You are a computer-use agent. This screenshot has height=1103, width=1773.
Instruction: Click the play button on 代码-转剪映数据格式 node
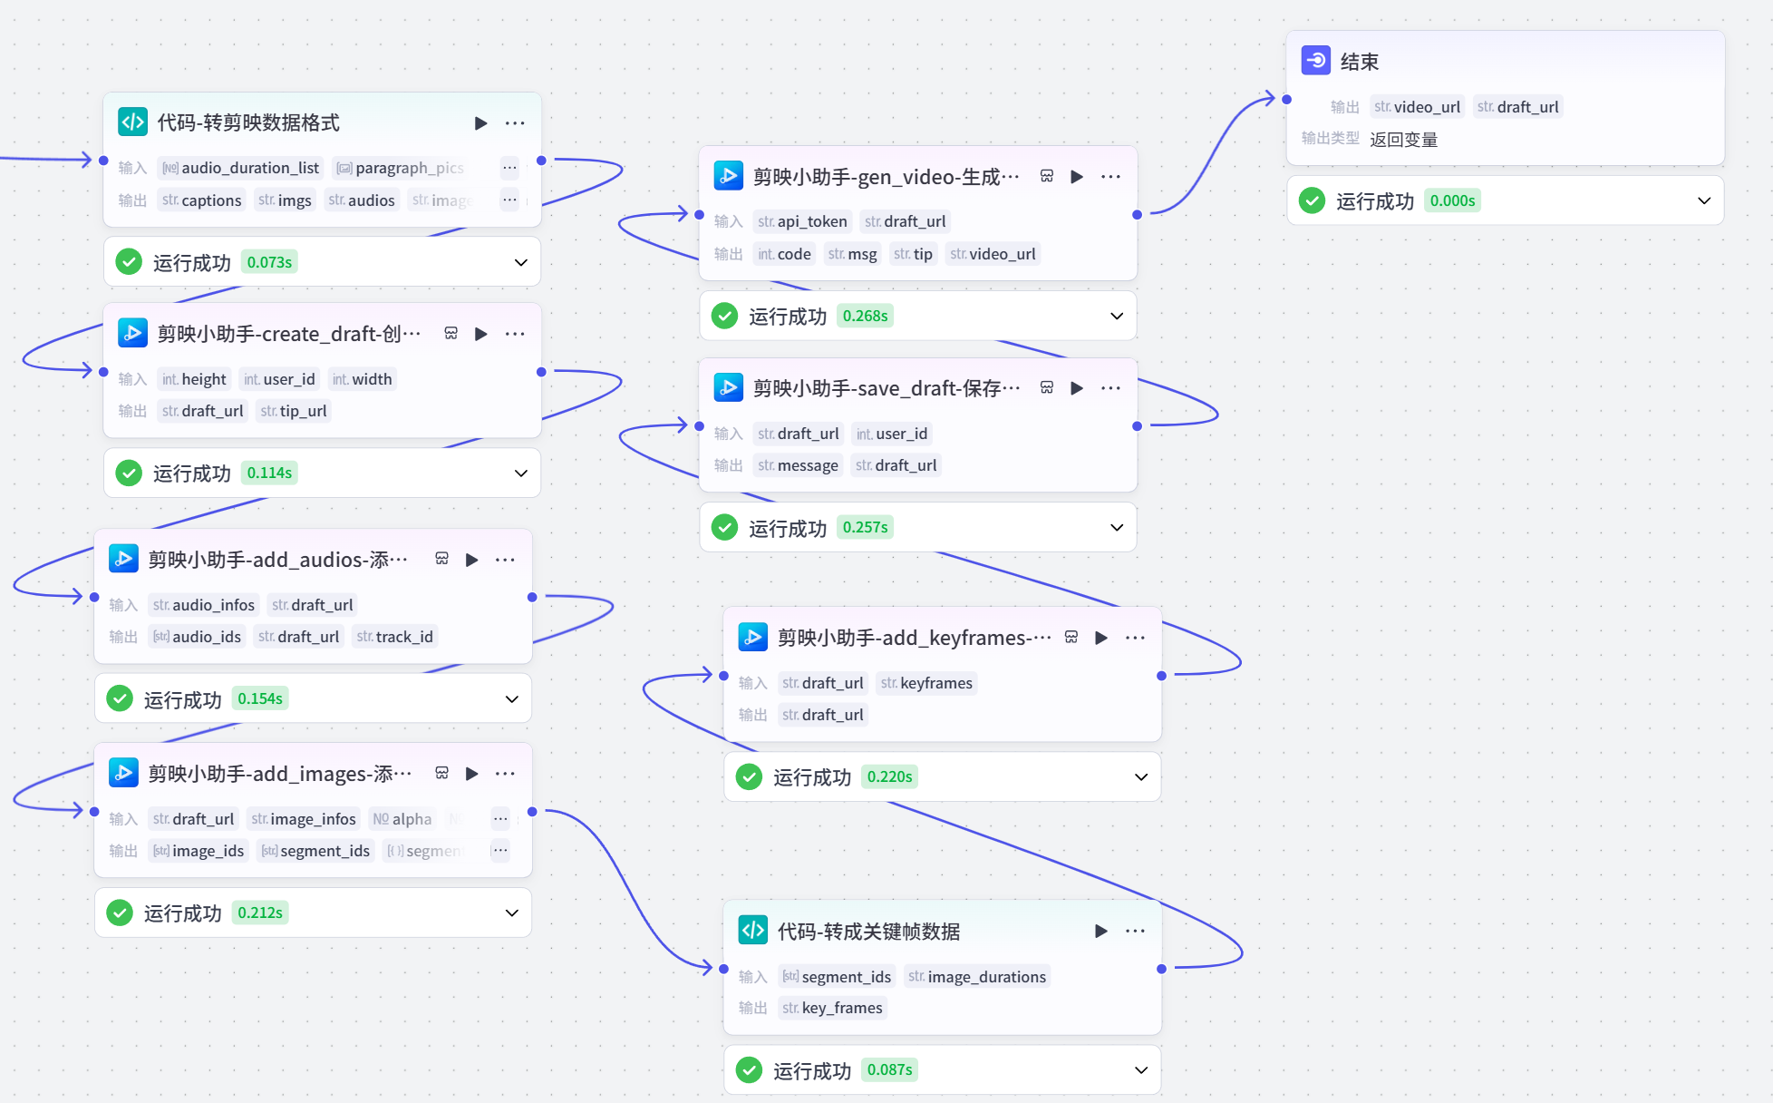click(x=480, y=123)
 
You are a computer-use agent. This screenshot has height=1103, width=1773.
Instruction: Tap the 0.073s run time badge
click(x=269, y=262)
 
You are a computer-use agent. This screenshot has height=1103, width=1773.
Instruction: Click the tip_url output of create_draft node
click(x=294, y=411)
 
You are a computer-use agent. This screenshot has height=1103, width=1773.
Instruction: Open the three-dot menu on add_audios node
click(x=505, y=560)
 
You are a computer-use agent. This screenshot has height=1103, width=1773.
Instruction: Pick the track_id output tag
click(x=395, y=637)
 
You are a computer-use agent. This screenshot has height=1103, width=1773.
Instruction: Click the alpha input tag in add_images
click(x=402, y=819)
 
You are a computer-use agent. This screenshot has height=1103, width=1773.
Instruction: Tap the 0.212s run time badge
click(x=260, y=913)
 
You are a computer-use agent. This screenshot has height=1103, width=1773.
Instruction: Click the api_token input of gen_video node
click(x=803, y=221)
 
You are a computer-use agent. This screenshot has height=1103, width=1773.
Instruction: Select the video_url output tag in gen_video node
click(x=993, y=254)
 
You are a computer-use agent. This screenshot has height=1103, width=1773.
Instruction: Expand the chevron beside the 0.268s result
click(x=1117, y=316)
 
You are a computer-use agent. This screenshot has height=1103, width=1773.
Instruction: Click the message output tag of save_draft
click(x=799, y=465)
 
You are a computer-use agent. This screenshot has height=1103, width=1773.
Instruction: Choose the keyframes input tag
click(x=926, y=683)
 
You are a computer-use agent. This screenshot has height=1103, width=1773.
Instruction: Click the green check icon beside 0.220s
click(x=749, y=776)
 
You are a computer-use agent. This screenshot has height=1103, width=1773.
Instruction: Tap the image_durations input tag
click(x=978, y=977)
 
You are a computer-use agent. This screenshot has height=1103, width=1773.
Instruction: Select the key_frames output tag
click(x=833, y=1008)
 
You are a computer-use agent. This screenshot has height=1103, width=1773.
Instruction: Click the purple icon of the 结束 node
click(x=1315, y=61)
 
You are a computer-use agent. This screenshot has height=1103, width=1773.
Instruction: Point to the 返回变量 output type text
click(x=1403, y=140)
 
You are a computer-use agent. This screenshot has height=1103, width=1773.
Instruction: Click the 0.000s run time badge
click(x=1452, y=200)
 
